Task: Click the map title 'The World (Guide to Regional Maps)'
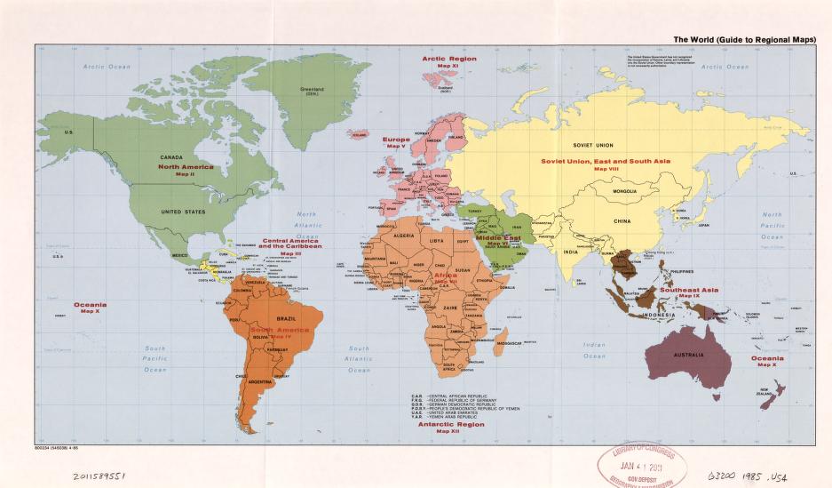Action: pyautogui.click(x=745, y=39)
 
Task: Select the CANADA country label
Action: pyautogui.click(x=171, y=157)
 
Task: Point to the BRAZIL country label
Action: pyautogui.click(x=287, y=317)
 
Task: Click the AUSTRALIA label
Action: pyautogui.click(x=688, y=355)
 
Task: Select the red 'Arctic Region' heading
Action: pyautogui.click(x=448, y=59)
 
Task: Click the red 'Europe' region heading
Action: pyautogui.click(x=396, y=140)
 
